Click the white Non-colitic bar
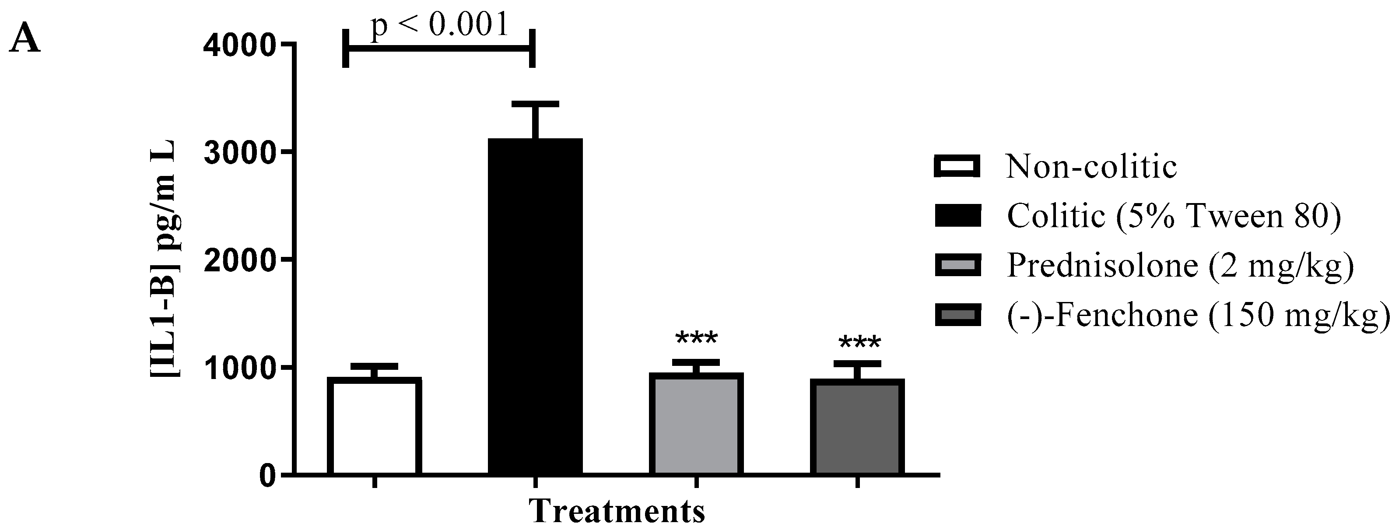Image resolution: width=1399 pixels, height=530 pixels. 375,426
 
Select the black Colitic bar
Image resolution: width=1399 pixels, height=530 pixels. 535,307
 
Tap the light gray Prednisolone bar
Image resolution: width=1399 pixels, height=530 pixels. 696,424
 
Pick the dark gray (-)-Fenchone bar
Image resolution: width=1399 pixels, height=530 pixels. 857,426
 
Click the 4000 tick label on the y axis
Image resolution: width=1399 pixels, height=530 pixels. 239,45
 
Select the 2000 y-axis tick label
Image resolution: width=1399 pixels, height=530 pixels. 239,260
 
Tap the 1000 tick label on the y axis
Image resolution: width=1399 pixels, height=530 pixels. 239,368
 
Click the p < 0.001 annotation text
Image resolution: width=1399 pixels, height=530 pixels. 440,25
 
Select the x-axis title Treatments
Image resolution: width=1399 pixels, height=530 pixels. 617,510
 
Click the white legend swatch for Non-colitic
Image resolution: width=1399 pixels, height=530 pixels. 957,167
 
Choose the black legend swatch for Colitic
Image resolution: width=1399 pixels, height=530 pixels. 957,216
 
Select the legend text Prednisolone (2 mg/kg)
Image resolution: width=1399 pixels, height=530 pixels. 1180,266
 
